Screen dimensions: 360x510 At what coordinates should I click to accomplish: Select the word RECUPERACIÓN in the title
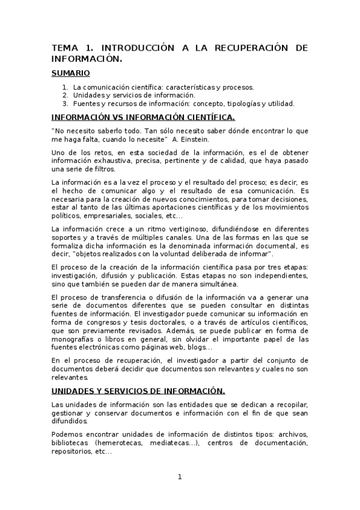point(248,48)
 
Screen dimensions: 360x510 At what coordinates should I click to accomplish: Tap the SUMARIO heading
point(70,73)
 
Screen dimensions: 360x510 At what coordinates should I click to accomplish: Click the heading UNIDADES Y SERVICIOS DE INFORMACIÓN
point(138,391)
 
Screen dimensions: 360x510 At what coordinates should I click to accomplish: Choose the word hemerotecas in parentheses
point(118,443)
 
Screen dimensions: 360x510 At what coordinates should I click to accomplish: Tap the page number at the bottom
point(179,477)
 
